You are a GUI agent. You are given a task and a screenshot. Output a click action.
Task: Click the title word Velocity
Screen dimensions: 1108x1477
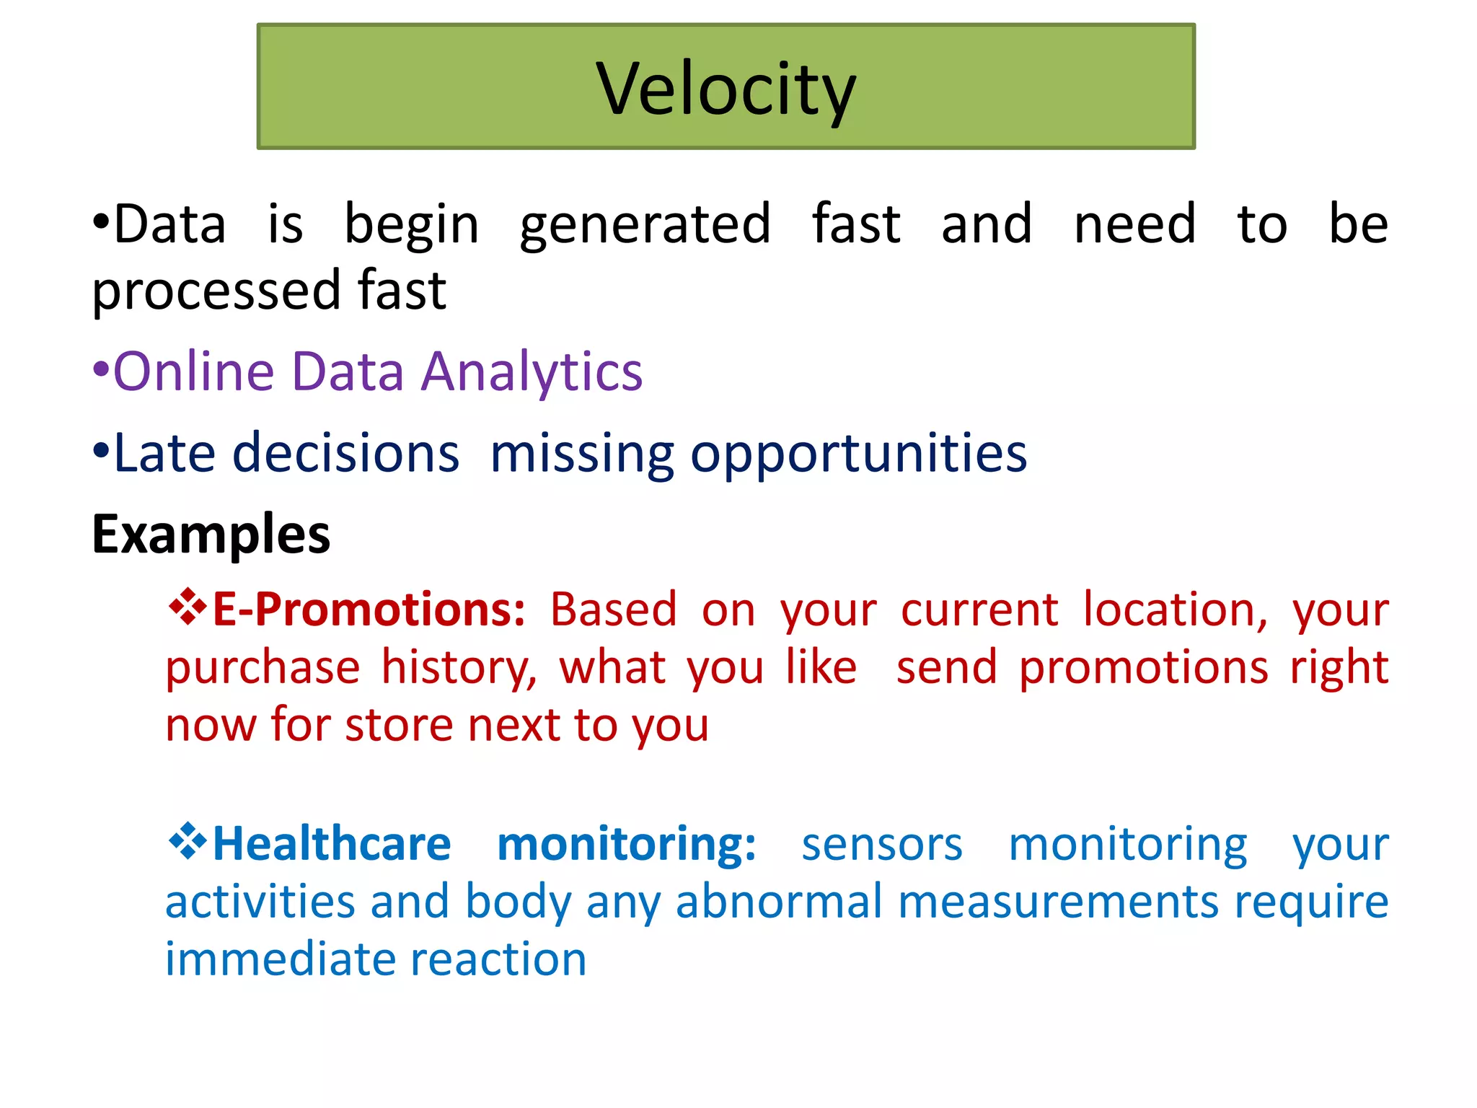(x=726, y=89)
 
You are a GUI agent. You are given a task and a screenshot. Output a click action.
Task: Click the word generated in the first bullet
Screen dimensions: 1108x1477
(x=645, y=225)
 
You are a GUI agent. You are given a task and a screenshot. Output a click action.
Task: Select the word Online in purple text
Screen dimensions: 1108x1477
(x=194, y=371)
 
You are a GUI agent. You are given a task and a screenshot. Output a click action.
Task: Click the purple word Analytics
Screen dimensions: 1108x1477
(x=532, y=371)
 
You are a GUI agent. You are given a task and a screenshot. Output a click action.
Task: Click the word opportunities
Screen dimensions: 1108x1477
(x=858, y=454)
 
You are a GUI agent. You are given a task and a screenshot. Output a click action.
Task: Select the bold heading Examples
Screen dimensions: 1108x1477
(x=211, y=535)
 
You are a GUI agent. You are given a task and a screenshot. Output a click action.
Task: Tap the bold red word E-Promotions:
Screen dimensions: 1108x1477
(x=369, y=610)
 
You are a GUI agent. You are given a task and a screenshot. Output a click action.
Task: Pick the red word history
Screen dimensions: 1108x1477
(x=459, y=667)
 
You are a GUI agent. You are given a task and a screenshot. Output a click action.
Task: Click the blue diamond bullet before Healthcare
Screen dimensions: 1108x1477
(x=187, y=840)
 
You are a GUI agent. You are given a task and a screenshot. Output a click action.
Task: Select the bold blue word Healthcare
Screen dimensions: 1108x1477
(x=332, y=843)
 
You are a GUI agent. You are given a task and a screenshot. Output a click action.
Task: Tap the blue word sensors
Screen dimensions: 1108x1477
(x=881, y=844)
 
